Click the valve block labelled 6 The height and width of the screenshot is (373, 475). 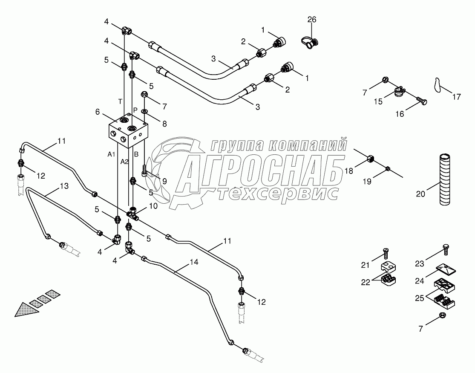(x=128, y=131)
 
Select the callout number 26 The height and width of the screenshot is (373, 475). (x=312, y=20)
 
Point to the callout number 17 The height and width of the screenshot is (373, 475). (x=456, y=97)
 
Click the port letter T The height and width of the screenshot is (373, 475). (x=120, y=101)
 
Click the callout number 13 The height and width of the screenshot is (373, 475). (x=64, y=186)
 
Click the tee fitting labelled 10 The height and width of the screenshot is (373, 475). (x=133, y=214)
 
